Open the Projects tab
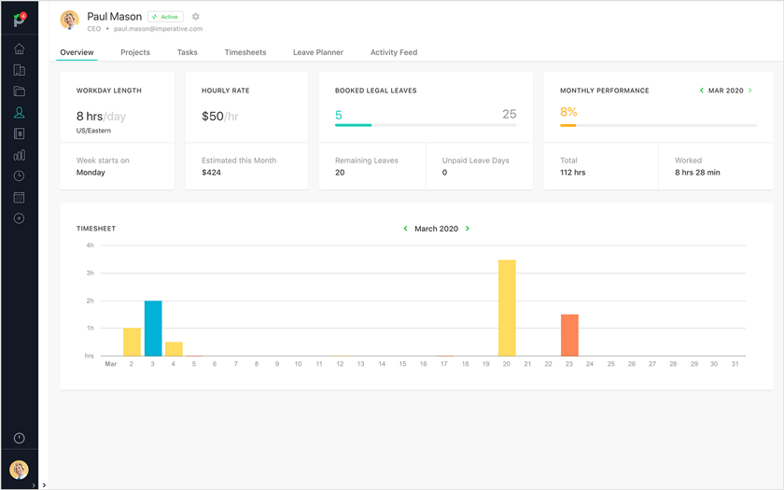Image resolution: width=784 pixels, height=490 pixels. coord(135,52)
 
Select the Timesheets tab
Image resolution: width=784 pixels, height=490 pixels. coord(245,52)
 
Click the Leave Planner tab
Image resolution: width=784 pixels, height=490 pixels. coord(318,52)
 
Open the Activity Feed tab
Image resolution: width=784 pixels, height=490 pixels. coord(394,52)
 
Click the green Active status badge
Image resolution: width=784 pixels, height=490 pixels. coord(165,17)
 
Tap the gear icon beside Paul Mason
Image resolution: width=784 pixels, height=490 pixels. coord(196,17)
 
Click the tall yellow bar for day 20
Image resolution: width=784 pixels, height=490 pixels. coord(507,308)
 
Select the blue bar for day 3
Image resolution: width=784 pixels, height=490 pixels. coord(153,329)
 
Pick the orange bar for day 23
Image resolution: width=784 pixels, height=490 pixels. coord(569,335)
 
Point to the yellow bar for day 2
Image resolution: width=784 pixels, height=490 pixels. coord(132,342)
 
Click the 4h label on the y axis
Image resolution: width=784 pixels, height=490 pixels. coord(90,245)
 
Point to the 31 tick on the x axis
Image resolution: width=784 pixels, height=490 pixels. coord(735,364)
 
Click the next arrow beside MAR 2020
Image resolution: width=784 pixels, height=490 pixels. coord(750,91)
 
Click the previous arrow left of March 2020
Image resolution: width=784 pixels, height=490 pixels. coord(405,229)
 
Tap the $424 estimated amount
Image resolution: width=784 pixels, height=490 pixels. coord(212,173)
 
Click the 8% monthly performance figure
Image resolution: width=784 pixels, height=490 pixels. coord(568,112)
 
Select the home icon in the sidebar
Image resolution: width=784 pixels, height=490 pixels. coord(19,49)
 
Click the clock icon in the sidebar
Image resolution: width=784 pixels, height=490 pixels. coord(19,176)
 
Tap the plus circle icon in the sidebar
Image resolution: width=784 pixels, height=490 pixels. coord(19,218)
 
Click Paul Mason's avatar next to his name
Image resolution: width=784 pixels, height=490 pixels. coord(69,21)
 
